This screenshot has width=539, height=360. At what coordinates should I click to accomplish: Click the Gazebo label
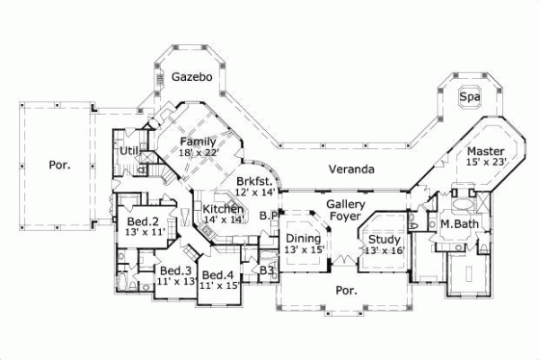tap(192, 78)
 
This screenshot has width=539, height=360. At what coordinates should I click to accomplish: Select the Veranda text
tap(351, 169)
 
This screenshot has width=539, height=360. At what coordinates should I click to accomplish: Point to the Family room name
tap(197, 142)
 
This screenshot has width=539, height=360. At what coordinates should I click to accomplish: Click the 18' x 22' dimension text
tap(199, 154)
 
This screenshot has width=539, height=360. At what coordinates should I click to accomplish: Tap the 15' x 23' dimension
tap(487, 162)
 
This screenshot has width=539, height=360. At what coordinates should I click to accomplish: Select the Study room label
tap(384, 239)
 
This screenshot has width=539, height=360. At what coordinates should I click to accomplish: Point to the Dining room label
tap(303, 239)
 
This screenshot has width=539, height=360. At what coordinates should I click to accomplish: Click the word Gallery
tap(344, 205)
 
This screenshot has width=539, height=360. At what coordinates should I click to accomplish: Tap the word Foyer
tap(344, 216)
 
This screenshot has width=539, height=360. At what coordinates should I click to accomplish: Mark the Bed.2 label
tap(142, 221)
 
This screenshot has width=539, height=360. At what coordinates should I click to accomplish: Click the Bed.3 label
tap(176, 269)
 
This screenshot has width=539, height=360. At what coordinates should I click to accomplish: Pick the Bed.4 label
tap(218, 275)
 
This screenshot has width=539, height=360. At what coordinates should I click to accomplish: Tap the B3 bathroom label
tap(266, 269)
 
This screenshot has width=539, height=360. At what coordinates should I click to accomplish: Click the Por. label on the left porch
tap(57, 165)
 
